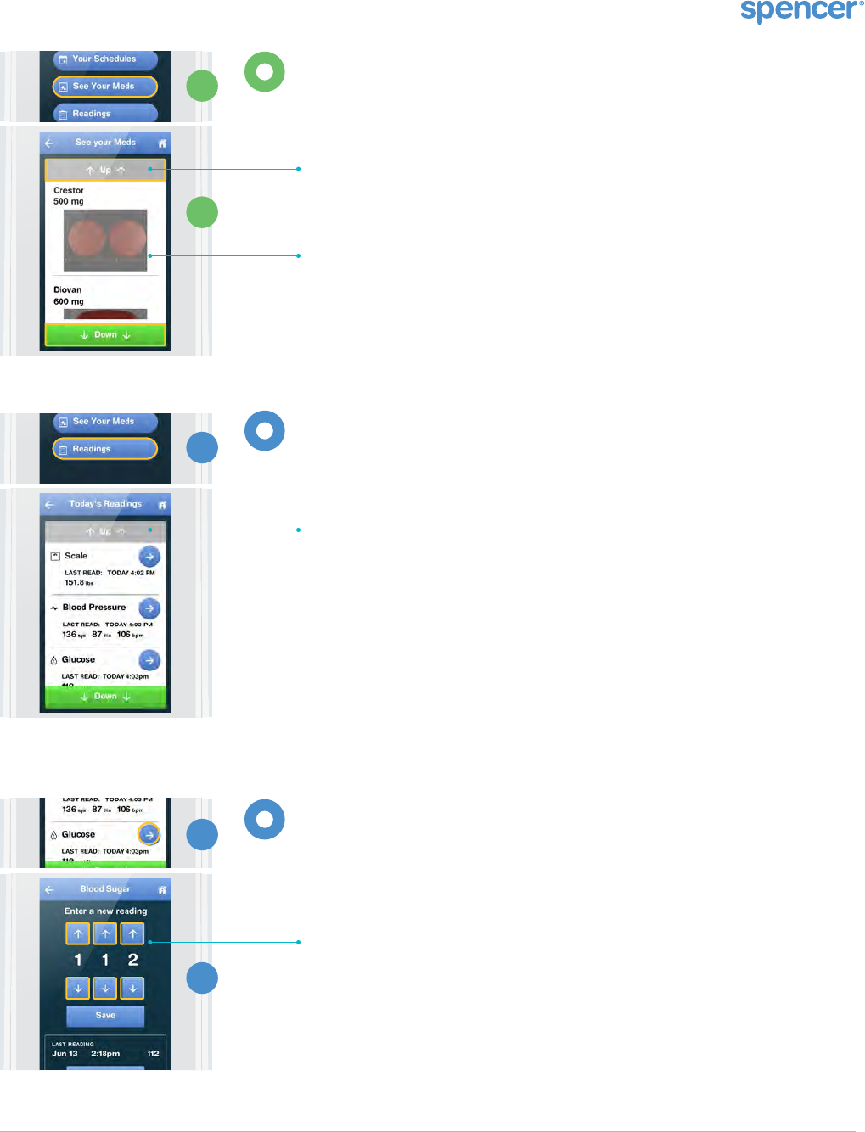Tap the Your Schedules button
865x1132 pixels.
click(x=104, y=59)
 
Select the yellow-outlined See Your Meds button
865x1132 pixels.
click(x=104, y=87)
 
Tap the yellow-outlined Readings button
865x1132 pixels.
click(x=104, y=449)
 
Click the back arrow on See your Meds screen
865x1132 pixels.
click(x=49, y=143)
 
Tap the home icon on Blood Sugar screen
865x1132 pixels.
click(x=162, y=890)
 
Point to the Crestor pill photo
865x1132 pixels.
click(x=105, y=240)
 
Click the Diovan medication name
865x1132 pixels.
click(x=68, y=290)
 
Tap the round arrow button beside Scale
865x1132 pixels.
click(x=149, y=557)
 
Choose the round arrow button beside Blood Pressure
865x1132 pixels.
click(x=149, y=608)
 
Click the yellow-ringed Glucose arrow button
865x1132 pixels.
click(x=149, y=834)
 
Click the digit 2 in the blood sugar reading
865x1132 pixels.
click(x=132, y=960)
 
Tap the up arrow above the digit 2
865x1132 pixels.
click(x=132, y=934)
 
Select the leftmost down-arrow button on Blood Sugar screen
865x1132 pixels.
click(x=78, y=989)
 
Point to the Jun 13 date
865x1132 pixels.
click(x=65, y=1054)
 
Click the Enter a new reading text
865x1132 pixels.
click(x=105, y=911)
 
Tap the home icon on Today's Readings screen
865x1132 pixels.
click(x=162, y=505)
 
